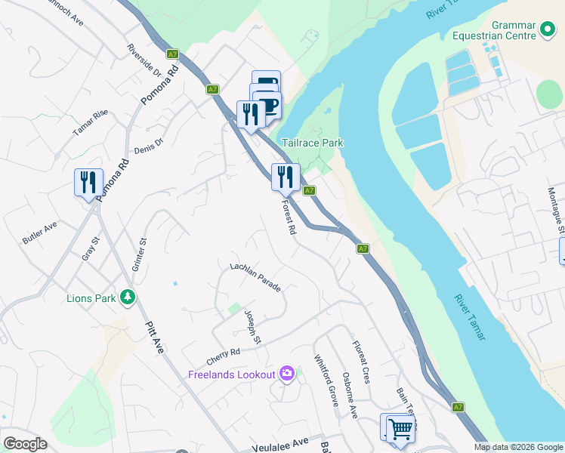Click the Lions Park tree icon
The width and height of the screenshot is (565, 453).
coord(128,297)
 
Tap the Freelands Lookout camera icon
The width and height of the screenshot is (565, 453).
coord(286,374)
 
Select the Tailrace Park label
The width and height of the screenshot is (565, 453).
coord(312,143)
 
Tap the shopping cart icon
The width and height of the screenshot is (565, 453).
coord(400,429)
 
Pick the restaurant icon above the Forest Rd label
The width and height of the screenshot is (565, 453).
coord(286,177)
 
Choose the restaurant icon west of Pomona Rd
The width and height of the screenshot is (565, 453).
coord(88,182)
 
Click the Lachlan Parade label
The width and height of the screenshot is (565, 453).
coord(255,278)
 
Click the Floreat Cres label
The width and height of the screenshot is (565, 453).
coord(361,362)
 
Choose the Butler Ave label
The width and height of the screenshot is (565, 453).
coord(39,233)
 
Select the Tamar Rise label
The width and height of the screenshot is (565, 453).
coord(91,124)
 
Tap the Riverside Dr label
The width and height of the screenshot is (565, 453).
coord(144,60)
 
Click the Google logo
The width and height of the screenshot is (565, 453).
coord(24,444)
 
